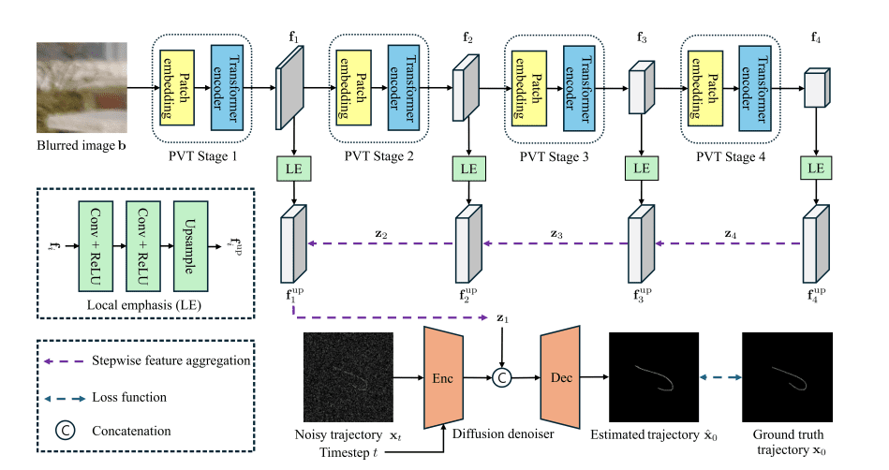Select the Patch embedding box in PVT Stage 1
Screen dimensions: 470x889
175,90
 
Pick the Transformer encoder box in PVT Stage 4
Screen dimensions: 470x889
753,90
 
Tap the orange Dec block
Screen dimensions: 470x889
562,377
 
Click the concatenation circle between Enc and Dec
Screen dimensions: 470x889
503,378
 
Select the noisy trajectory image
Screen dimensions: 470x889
348,377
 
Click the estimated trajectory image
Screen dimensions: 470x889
654,377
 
